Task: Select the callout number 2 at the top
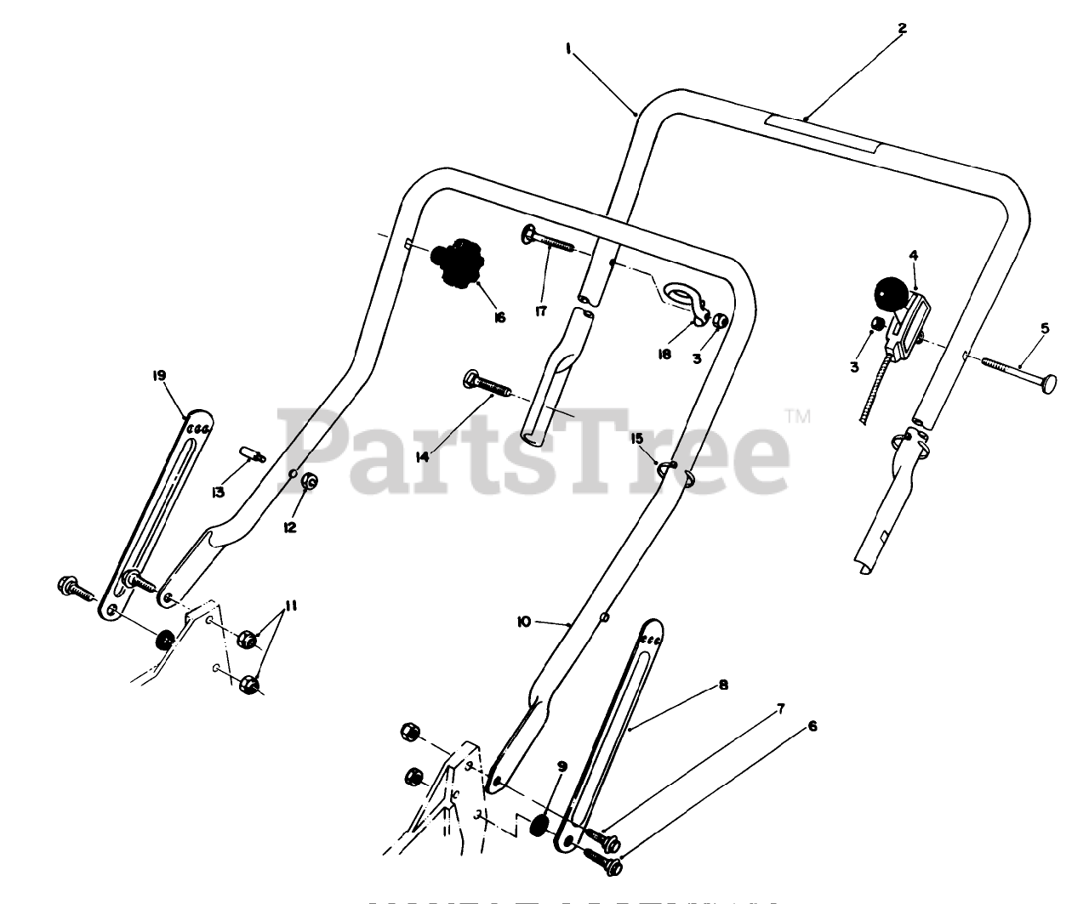pos(902,28)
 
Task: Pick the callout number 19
pos(159,375)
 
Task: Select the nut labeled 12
pos(310,482)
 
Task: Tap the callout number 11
pos(291,606)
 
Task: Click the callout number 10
pos(523,622)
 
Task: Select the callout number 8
pos(723,685)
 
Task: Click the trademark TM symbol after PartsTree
pos(797,417)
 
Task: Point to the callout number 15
pos(637,438)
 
